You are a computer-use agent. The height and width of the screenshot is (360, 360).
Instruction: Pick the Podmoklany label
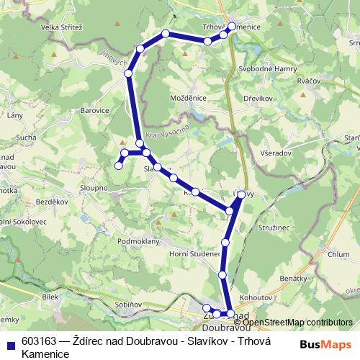138,241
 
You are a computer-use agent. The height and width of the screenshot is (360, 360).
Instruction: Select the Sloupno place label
94,187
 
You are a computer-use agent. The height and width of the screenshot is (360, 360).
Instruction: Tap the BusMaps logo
326,344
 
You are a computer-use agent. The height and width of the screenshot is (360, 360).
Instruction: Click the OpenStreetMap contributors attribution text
297,323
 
